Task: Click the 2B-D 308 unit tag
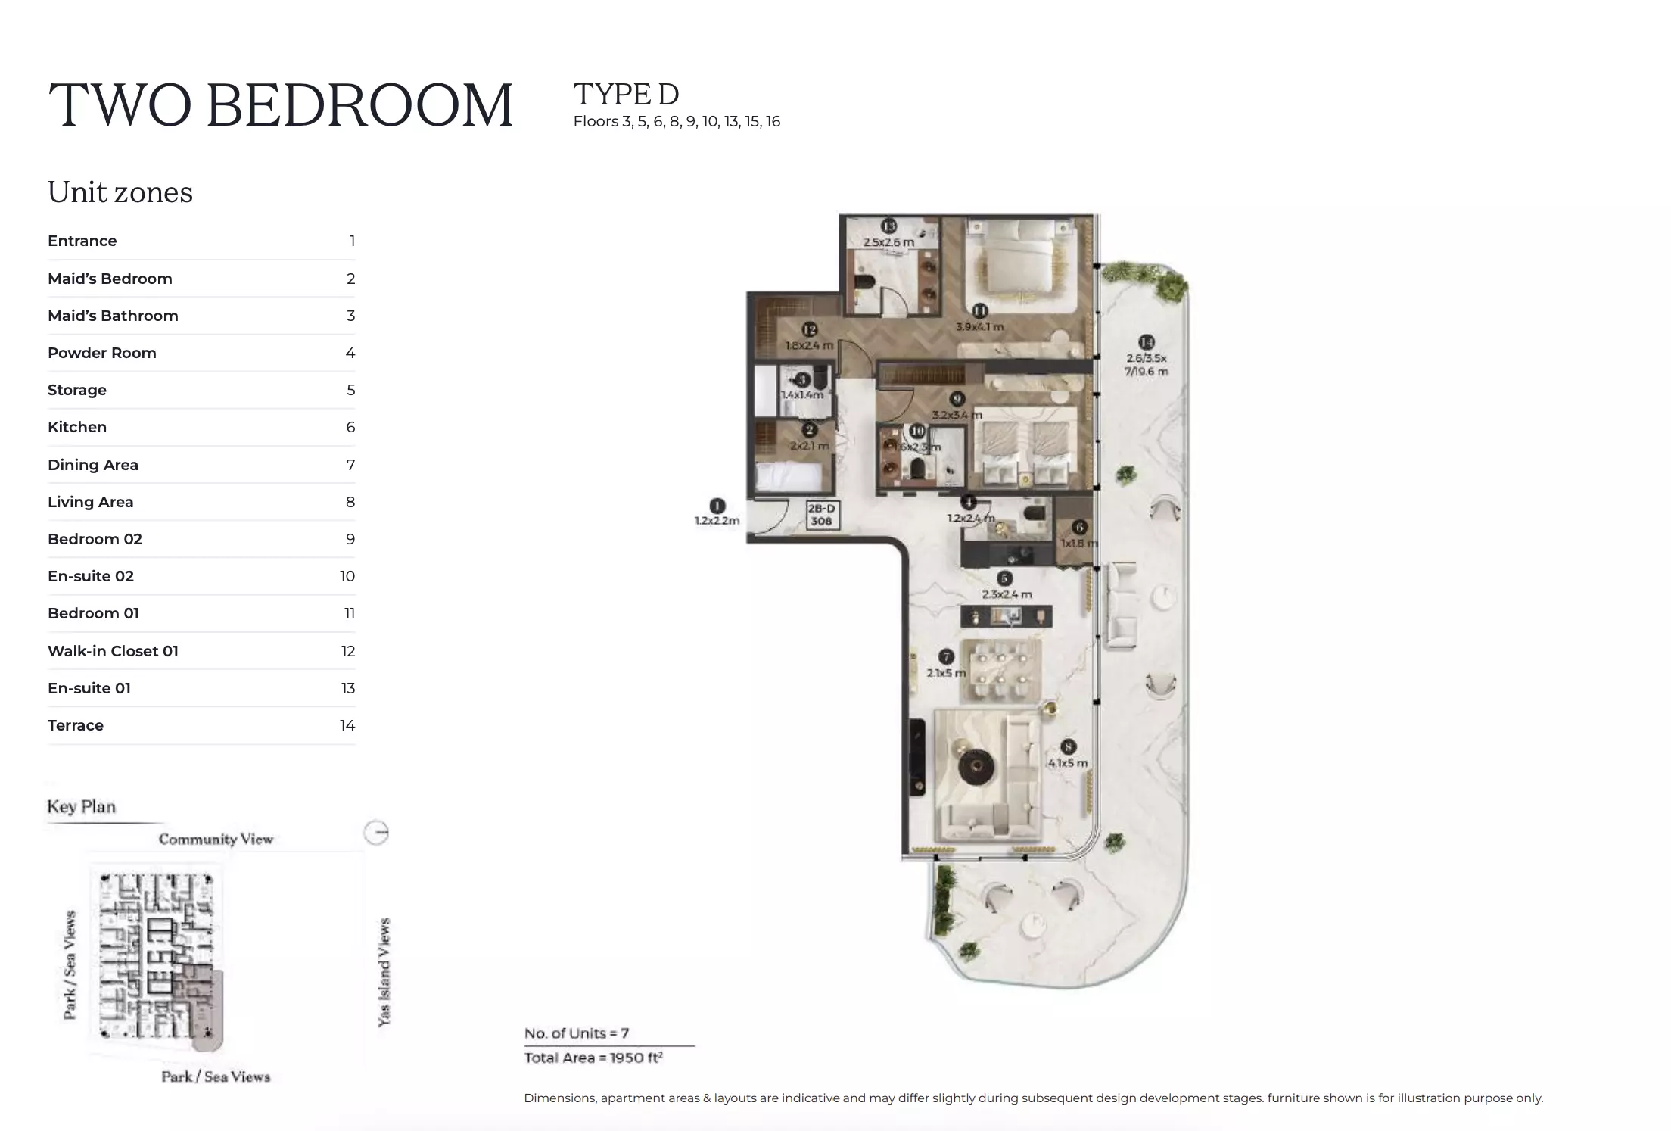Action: (x=821, y=515)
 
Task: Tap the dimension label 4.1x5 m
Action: (x=1067, y=762)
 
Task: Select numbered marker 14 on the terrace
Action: (x=1147, y=342)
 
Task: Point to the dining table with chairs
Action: (x=1000, y=671)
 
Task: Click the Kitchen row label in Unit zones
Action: (x=77, y=427)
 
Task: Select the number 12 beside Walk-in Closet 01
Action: (x=347, y=651)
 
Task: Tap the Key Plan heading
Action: (x=82, y=806)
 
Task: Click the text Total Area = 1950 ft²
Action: (x=593, y=1058)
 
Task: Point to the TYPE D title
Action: (x=626, y=95)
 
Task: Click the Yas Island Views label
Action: (x=384, y=972)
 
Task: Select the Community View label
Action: (x=216, y=839)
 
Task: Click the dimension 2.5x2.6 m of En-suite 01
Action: (x=888, y=242)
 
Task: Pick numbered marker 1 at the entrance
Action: (x=717, y=505)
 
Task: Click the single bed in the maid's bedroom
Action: (x=789, y=477)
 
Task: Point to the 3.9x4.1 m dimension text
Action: (x=979, y=327)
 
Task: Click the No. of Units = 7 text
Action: (x=577, y=1033)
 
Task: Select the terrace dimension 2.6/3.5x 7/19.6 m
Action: (x=1146, y=365)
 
